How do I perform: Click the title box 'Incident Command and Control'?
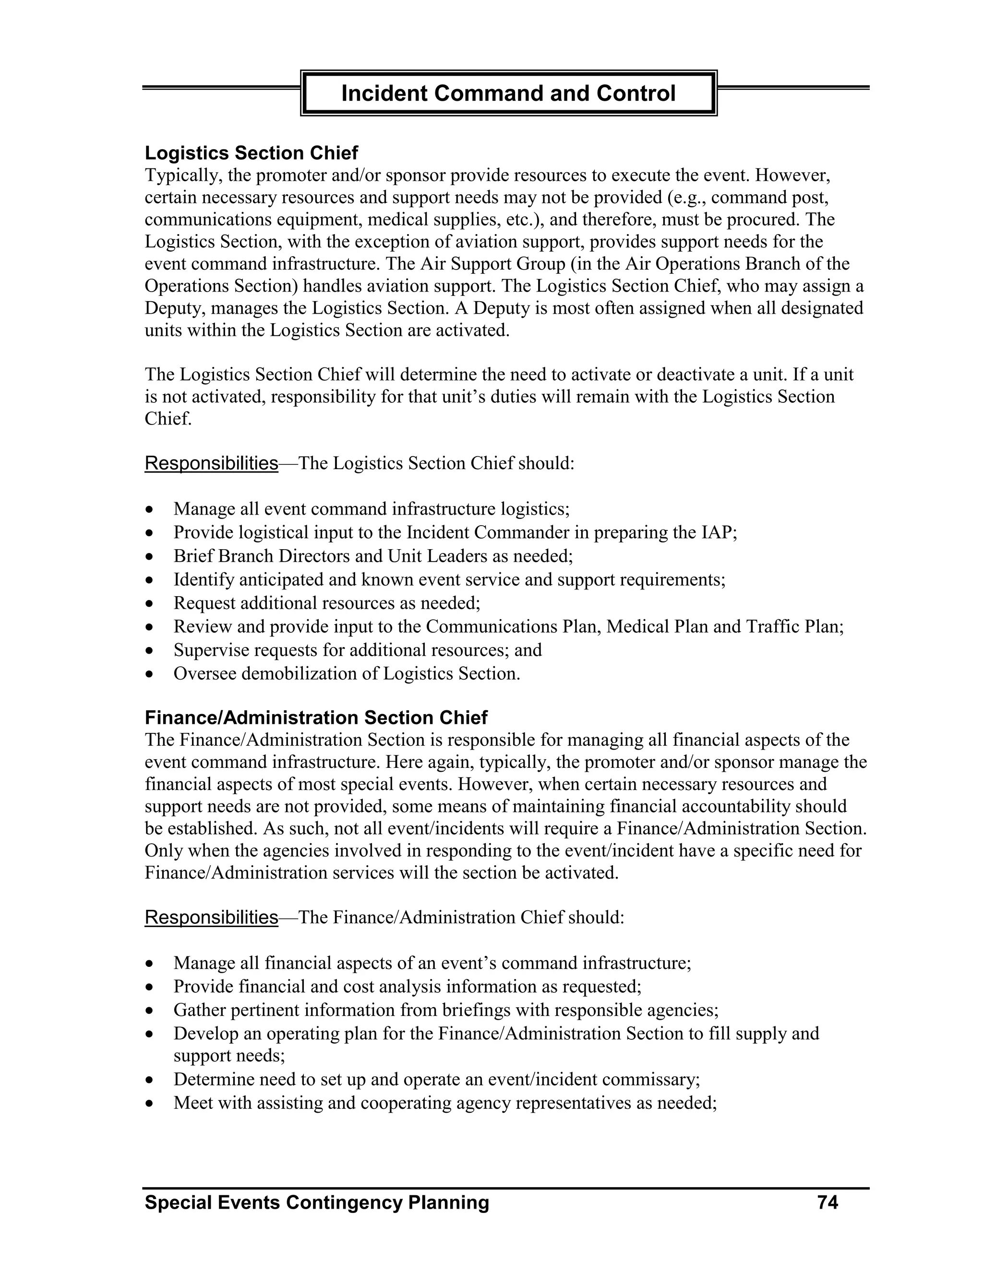pyautogui.click(x=508, y=93)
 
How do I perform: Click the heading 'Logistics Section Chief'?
pyautogui.click(x=251, y=153)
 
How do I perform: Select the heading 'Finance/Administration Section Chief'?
pyautogui.click(x=316, y=718)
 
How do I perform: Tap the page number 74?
pyautogui.click(x=827, y=1202)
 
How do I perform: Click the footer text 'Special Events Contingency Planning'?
pyautogui.click(x=317, y=1202)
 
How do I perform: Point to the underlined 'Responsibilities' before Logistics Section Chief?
pyautogui.click(x=211, y=463)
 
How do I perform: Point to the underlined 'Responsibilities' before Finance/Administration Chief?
pyautogui.click(x=211, y=917)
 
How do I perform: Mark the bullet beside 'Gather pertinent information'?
pyautogui.click(x=150, y=1012)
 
